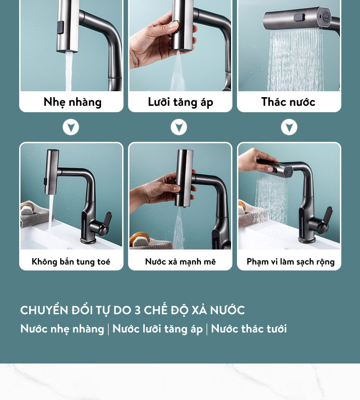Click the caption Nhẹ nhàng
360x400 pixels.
tap(72, 102)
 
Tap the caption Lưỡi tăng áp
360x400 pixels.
tap(180, 102)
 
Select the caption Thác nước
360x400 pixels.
tap(288, 102)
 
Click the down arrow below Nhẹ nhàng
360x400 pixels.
tap(71, 127)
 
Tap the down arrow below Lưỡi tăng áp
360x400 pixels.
tap(179, 127)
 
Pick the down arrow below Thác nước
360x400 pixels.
tap(289, 127)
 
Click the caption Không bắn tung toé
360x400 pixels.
tap(71, 261)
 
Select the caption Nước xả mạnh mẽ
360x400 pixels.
tap(180, 261)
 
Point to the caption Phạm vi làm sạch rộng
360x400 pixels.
tap(291, 262)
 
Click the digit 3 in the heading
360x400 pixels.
tap(138, 310)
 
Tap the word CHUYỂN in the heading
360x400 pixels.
tap(44, 310)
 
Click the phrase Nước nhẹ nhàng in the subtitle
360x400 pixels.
tap(62, 329)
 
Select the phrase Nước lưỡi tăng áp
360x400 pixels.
tap(158, 329)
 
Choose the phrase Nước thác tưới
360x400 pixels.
tap(249, 328)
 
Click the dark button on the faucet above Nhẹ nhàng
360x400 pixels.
tap(61, 27)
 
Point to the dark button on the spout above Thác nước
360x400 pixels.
tap(299, 17)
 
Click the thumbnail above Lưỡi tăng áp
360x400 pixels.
tap(180, 46)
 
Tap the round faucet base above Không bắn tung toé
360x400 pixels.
tap(88, 240)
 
